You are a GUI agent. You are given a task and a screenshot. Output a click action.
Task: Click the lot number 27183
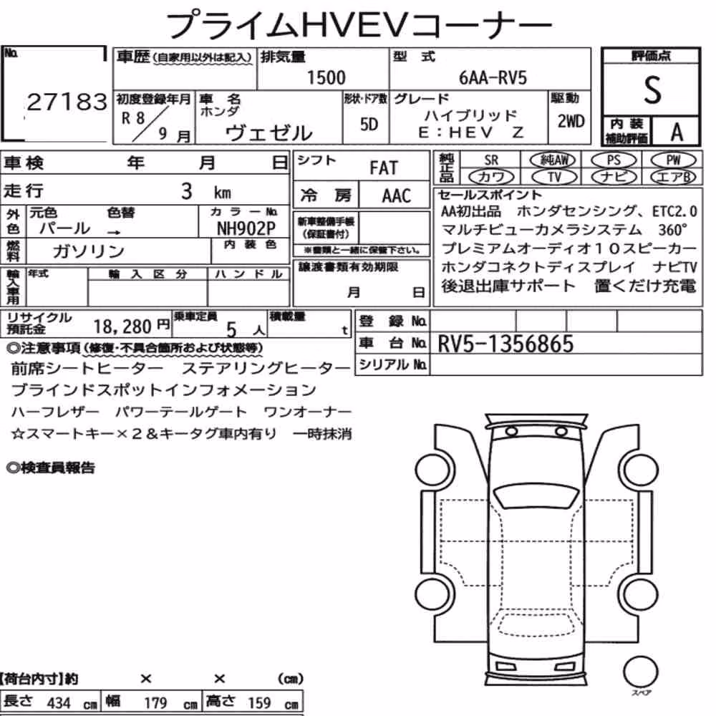click(x=67, y=102)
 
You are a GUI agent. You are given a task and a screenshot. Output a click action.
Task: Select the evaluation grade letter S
click(x=652, y=89)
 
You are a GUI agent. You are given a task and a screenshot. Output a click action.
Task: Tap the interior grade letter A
click(x=677, y=132)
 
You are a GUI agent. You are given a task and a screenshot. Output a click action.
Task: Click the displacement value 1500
click(x=326, y=77)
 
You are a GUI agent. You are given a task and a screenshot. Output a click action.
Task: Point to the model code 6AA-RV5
click(x=493, y=77)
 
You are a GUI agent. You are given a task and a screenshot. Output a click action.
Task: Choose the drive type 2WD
click(x=571, y=122)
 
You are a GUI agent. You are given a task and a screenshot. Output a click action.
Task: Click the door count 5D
click(x=369, y=124)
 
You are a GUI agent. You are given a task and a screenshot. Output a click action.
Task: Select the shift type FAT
click(x=384, y=168)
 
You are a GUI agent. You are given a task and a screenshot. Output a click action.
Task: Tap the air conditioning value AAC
click(x=397, y=196)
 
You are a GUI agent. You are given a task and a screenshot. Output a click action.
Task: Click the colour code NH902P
click(x=246, y=228)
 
